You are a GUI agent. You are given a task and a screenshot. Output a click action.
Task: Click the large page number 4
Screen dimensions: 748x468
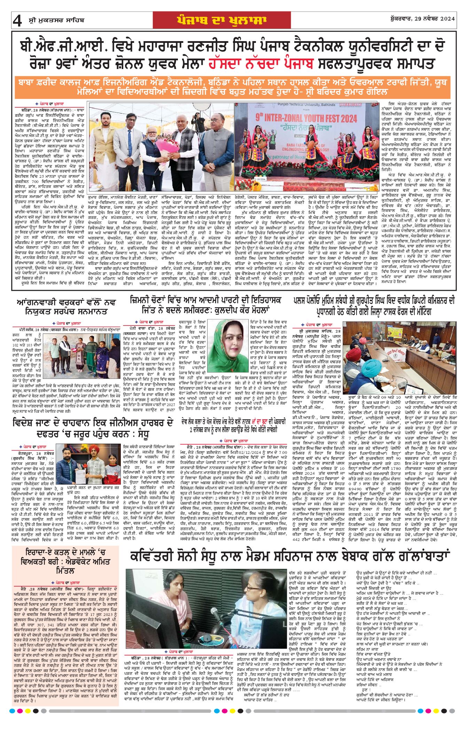click(x=17, y=21)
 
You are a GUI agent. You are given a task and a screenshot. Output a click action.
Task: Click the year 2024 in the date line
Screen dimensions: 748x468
click(x=447, y=19)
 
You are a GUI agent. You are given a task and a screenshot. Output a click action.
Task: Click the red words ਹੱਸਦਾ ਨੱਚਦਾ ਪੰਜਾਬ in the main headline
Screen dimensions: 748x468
click(x=261, y=64)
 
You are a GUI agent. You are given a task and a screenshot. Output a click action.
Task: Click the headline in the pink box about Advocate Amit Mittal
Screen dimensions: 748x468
click(x=65, y=562)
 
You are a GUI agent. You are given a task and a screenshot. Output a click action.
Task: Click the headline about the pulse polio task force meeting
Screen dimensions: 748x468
click(x=374, y=306)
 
